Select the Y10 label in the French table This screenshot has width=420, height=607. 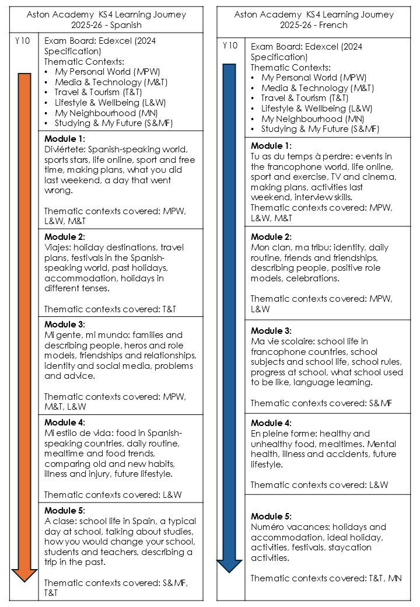pos(230,46)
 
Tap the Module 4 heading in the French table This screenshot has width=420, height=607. pos(271,423)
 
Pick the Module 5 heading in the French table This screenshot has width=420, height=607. pos(271,517)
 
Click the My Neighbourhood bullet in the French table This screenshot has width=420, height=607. pos(306,118)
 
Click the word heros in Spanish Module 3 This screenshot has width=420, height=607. pos(136,346)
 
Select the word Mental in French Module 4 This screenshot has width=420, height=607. pos(381,444)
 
